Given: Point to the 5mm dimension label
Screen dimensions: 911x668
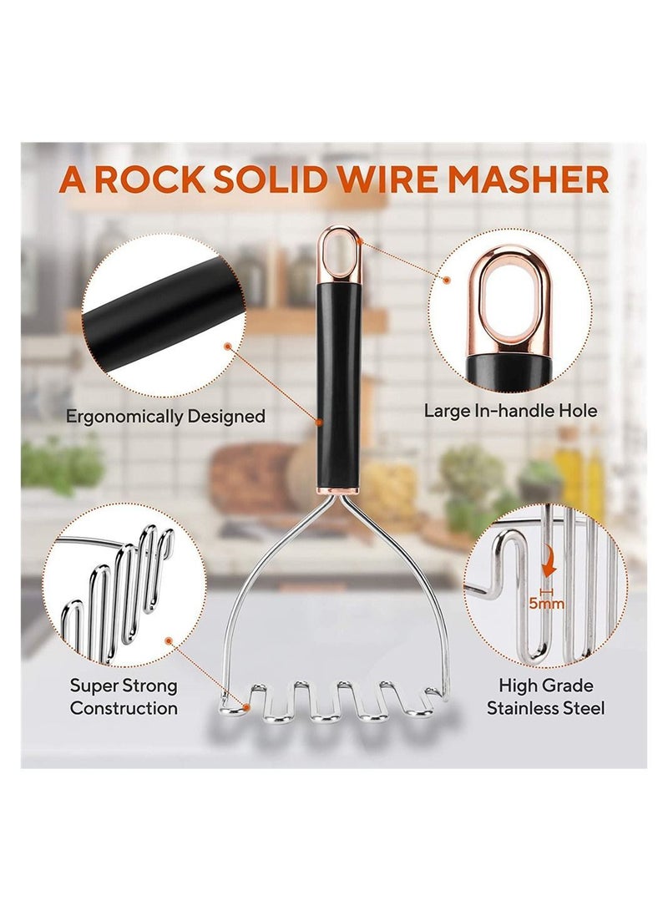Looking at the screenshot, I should coord(547,603).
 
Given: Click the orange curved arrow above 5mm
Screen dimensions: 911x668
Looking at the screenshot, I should coord(549,568).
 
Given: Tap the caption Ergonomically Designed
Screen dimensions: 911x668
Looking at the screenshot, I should coord(165,416).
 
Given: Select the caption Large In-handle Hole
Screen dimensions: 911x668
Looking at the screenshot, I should coord(510,410).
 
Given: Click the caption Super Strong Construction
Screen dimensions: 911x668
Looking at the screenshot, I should coord(124,697).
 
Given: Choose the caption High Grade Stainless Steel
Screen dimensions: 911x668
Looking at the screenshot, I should coord(545,697).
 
